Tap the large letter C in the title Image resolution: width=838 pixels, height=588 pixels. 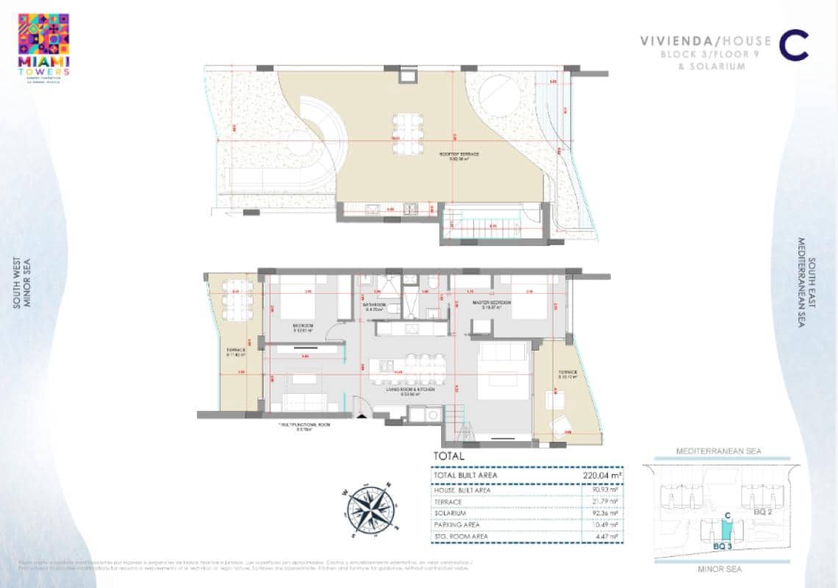tap(794, 46)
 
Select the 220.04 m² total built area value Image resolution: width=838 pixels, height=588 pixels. tap(600, 475)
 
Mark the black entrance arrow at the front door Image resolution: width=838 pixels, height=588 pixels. tap(360, 415)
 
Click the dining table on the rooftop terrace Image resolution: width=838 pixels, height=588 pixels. tap(406, 134)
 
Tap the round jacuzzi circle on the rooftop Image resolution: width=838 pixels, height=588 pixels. tap(498, 93)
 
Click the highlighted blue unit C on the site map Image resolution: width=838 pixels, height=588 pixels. tap(726, 528)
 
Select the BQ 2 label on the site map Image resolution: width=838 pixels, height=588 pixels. tap(762, 511)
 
